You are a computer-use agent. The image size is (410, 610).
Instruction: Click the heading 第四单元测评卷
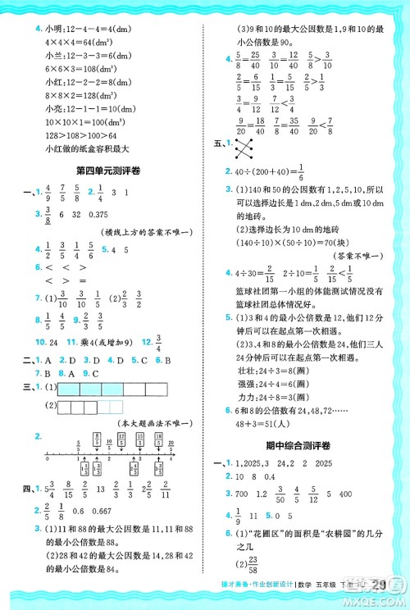pyautogui.click(x=107, y=170)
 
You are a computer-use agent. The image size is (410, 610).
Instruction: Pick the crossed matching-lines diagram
pyautogui.click(x=243, y=149)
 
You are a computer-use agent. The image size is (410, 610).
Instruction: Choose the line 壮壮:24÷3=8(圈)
pyautogui.click(x=267, y=368)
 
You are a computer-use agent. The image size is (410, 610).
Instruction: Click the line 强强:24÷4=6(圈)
pyautogui.click(x=267, y=382)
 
